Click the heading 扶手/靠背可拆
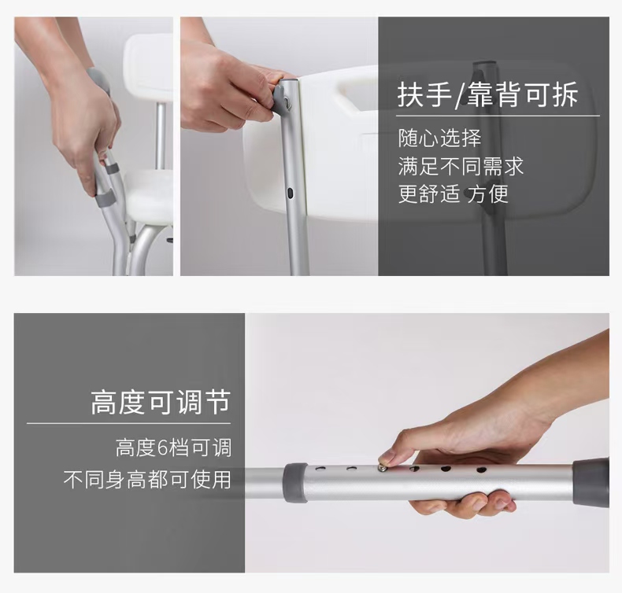pos(487,94)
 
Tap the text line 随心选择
pos(439,138)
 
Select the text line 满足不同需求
pos(461,166)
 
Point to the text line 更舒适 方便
pos(453,193)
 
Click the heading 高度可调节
pos(161,402)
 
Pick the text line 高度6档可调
pos(173,448)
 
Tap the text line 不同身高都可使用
pos(147,479)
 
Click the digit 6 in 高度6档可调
pos(163,448)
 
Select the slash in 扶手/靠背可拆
pos(460,95)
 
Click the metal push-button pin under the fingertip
pos(383,468)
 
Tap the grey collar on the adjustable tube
pos(294,482)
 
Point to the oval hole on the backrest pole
pos(291,193)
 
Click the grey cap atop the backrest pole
pos(284,94)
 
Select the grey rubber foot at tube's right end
pos(591,482)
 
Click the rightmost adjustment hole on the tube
pos(482,470)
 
